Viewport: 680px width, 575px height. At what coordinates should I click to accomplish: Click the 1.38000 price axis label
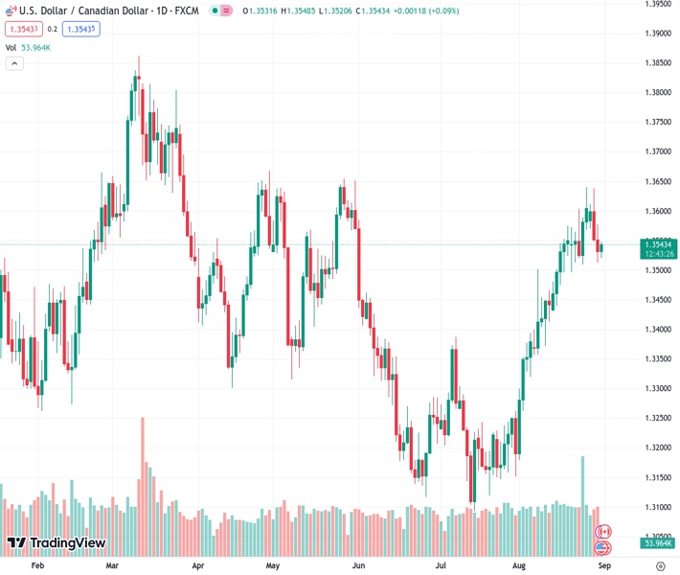pyautogui.click(x=656, y=93)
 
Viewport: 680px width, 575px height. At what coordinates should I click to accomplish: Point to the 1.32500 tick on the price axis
pyautogui.click(x=656, y=418)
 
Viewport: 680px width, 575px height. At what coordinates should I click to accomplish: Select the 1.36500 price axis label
pyautogui.click(x=656, y=181)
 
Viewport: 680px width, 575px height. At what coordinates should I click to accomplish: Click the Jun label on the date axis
pyautogui.click(x=358, y=566)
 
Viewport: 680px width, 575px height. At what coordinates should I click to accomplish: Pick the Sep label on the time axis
pyautogui.click(x=603, y=566)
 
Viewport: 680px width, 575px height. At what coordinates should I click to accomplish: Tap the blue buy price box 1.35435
pyautogui.click(x=80, y=29)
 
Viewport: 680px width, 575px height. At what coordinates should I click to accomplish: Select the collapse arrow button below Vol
pyautogui.click(x=14, y=63)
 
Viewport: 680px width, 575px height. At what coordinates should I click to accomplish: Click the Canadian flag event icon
pyautogui.click(x=603, y=531)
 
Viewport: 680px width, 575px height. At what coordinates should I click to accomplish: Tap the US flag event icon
pyautogui.click(x=603, y=548)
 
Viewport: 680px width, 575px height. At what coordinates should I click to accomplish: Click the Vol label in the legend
pyautogui.click(x=11, y=47)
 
